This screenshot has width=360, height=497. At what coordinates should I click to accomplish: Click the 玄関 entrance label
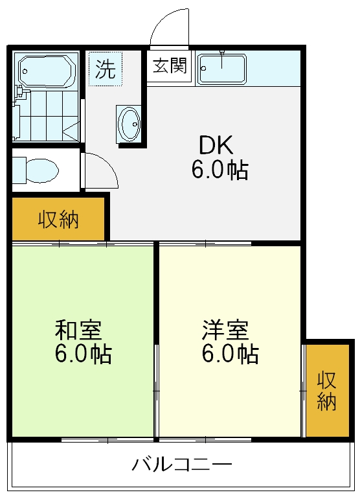click(170, 66)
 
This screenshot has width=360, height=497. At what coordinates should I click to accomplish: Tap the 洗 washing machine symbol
click(106, 68)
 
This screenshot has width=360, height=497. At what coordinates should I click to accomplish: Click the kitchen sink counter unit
click(222, 69)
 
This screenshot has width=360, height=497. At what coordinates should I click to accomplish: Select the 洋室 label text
click(224, 330)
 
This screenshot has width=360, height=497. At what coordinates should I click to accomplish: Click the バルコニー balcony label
click(182, 465)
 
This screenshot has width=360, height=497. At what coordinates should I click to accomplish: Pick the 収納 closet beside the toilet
click(58, 220)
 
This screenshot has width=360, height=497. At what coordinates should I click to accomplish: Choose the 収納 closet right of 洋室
click(327, 391)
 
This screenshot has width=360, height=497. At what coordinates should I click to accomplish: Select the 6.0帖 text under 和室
click(83, 354)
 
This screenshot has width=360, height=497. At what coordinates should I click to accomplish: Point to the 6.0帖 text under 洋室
click(230, 354)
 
